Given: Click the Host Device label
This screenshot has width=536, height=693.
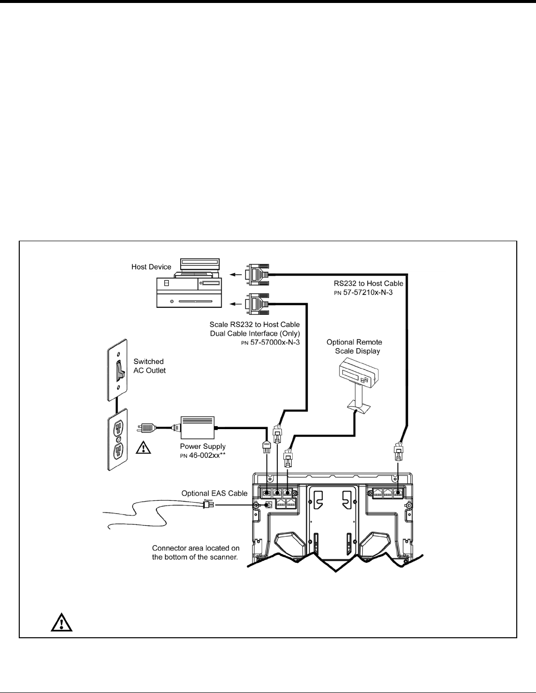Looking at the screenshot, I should [x=151, y=267].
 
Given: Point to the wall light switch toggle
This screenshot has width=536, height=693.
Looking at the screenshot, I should [x=118, y=369].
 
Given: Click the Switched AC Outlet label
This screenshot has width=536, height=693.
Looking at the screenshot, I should [x=150, y=365].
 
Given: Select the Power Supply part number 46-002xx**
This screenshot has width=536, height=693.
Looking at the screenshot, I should [x=202, y=455].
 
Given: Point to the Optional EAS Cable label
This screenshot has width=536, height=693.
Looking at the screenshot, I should [x=214, y=493].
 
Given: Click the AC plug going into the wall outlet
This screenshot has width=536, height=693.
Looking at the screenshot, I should [x=148, y=427].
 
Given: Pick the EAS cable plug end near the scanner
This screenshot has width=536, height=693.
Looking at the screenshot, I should [x=207, y=504].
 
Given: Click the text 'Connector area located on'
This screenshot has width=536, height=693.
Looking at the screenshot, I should [x=196, y=548].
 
